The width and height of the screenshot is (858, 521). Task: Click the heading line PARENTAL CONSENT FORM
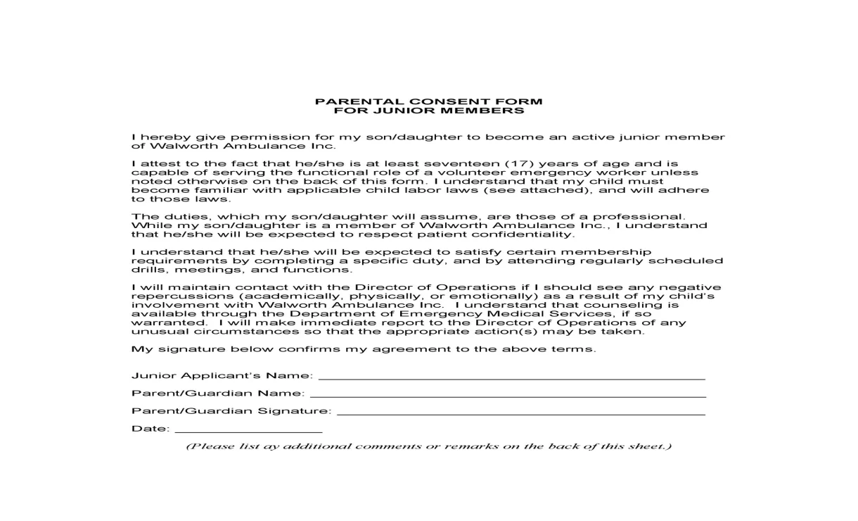pyautogui.click(x=428, y=101)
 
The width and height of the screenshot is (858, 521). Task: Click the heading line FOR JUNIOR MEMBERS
pyautogui.click(x=428, y=111)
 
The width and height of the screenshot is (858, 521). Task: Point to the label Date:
pyautogui.click(x=151, y=429)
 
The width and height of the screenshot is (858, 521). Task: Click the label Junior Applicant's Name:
pyautogui.click(x=222, y=376)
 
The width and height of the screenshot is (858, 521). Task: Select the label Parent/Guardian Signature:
pyautogui.click(x=231, y=411)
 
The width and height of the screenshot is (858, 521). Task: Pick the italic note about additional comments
pyautogui.click(x=428, y=446)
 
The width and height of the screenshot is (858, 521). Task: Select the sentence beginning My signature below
pyautogui.click(x=363, y=349)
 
